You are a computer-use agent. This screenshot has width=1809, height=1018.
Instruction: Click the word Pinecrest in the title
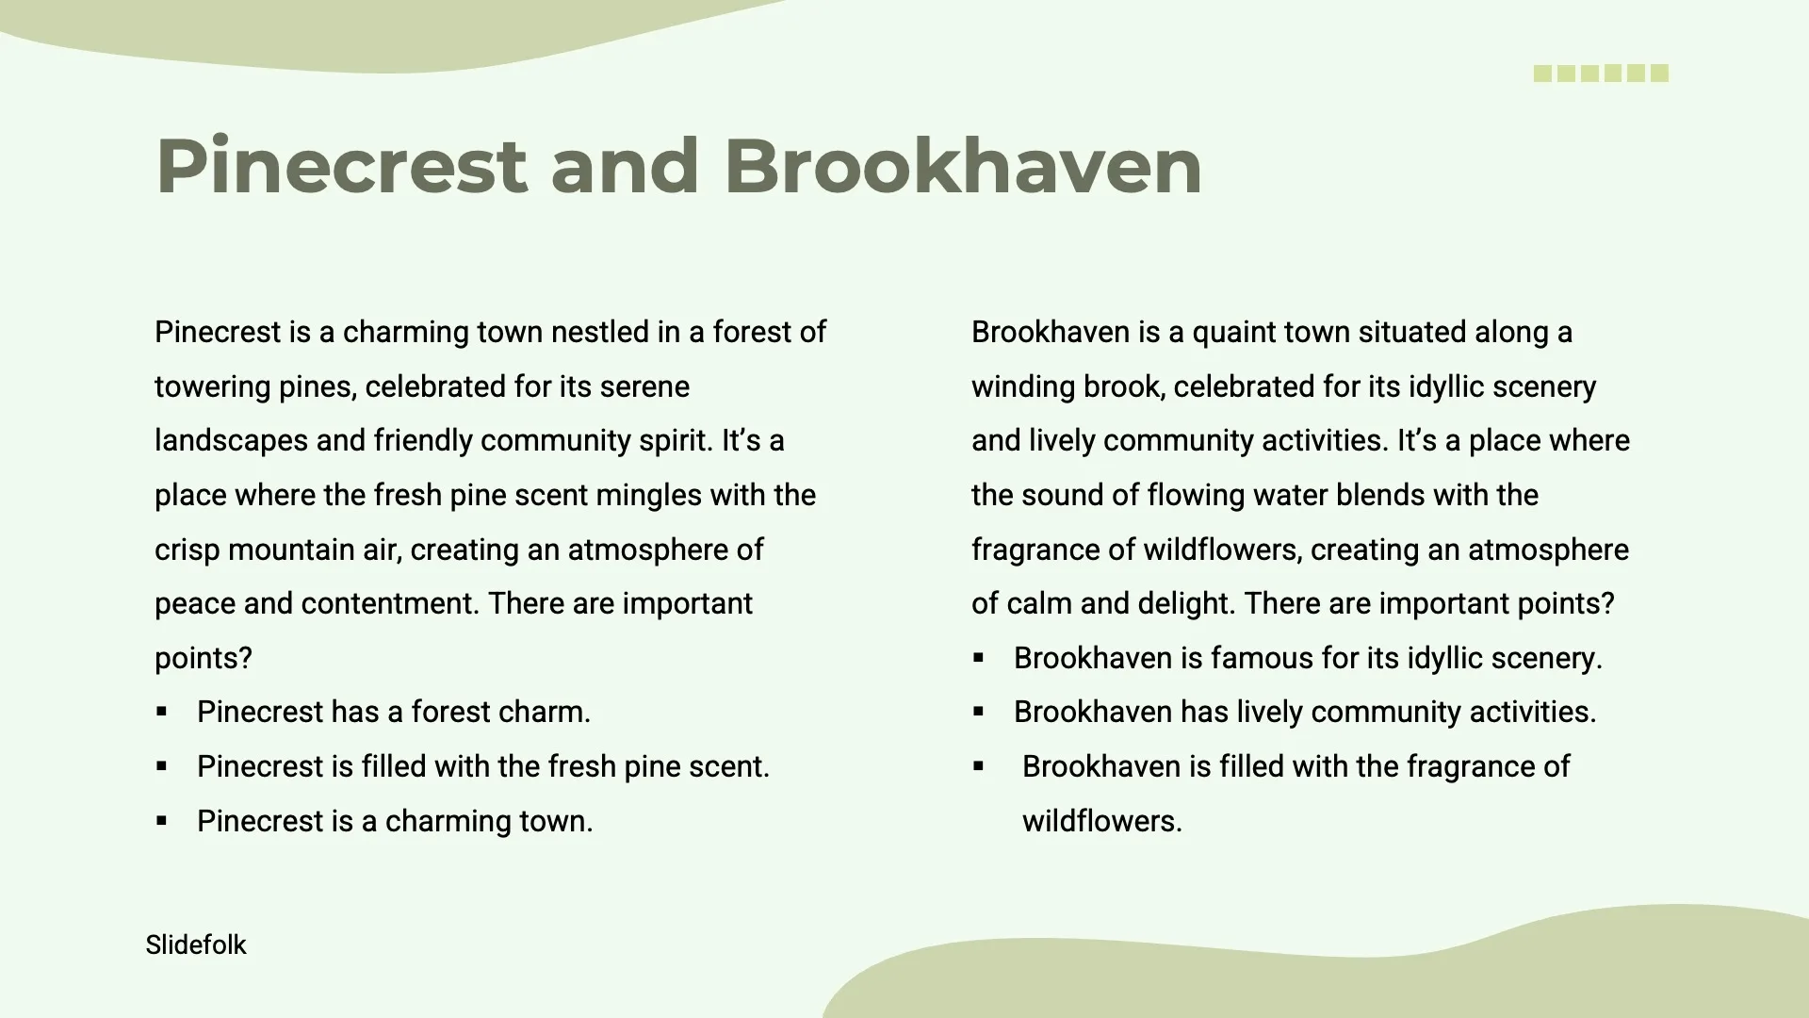pos(341,166)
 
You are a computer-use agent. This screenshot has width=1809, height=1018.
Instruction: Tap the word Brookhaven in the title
pos(963,166)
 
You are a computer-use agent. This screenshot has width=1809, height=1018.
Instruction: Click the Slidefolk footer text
pos(196,944)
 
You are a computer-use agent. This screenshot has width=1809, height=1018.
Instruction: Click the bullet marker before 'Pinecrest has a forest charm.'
pos(161,713)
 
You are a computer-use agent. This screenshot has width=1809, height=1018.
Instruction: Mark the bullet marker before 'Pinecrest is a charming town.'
pos(161,821)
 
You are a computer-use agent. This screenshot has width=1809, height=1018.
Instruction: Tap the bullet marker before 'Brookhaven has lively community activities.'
pos(978,713)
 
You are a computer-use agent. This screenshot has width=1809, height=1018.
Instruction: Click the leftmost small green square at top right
pos(1542,74)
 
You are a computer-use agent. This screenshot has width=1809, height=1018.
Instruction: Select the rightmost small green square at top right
pos(1660,74)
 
